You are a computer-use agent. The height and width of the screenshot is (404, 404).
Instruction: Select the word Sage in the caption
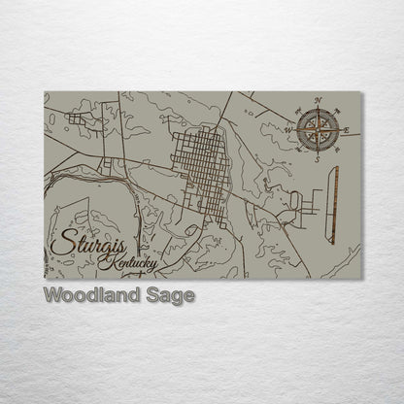(x=171, y=295)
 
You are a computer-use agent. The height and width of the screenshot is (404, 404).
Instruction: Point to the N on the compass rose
(x=318, y=100)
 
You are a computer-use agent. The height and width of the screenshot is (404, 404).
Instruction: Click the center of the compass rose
(x=318, y=129)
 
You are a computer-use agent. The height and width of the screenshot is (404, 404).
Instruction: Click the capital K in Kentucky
(x=114, y=262)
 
